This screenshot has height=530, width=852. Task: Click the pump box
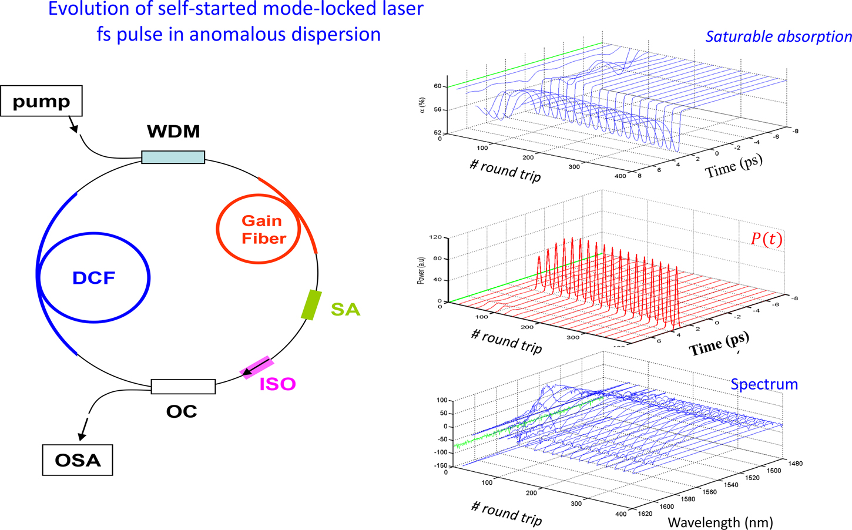(x=41, y=101)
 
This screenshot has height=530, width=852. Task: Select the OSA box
(x=77, y=460)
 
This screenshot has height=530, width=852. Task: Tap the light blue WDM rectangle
(x=173, y=157)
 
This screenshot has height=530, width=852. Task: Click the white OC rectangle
(x=183, y=386)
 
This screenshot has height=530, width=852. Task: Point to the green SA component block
(x=311, y=304)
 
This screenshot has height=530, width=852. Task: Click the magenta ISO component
(x=256, y=368)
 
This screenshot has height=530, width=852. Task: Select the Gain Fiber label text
(x=263, y=230)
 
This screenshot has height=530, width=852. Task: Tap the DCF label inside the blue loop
(x=93, y=278)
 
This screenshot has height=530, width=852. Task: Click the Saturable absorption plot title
(x=778, y=36)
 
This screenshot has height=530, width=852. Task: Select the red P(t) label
(x=766, y=239)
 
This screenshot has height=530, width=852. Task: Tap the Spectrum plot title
(x=764, y=384)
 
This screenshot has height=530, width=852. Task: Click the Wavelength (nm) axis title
(x=720, y=521)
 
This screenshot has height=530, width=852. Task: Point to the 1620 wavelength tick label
(x=646, y=514)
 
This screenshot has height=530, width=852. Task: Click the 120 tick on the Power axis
(x=435, y=237)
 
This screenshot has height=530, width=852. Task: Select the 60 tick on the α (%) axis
(x=438, y=86)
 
